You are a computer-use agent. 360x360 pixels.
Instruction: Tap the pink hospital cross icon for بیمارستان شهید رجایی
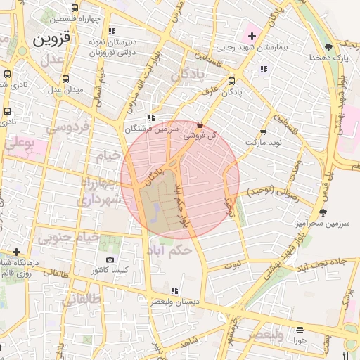pyautogui.click(x=251, y=34)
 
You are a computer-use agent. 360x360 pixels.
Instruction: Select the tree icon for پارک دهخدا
pyautogui.click(x=329, y=47)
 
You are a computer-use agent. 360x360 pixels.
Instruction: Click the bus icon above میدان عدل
pyautogui.click(x=65, y=79)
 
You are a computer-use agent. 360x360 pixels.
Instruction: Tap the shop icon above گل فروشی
pyautogui.click(x=200, y=124)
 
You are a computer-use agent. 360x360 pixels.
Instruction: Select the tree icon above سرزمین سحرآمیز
pyautogui.click(x=323, y=212)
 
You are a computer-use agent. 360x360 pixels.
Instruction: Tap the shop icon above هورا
pyautogui.click(x=300, y=329)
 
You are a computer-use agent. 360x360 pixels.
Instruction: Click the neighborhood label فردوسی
pyautogui.click(x=68, y=129)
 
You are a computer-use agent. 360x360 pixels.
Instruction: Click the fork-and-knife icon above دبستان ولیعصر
pyautogui.click(x=174, y=290)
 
